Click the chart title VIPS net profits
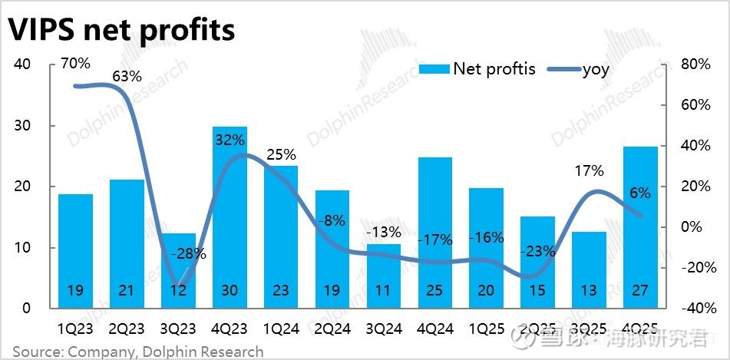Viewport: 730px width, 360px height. (x=121, y=30)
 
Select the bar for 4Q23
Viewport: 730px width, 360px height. (x=230, y=223)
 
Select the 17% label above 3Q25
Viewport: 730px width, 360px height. (x=590, y=171)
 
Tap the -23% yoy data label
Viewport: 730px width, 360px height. (x=538, y=250)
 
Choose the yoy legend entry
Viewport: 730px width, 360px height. (x=580, y=70)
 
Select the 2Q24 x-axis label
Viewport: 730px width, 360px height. (x=332, y=330)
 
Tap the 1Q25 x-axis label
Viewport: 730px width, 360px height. (x=487, y=330)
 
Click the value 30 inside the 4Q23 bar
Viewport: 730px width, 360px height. (x=230, y=291)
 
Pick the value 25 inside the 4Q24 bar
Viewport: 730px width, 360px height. (x=435, y=291)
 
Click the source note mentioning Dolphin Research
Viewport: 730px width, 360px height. (x=137, y=352)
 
